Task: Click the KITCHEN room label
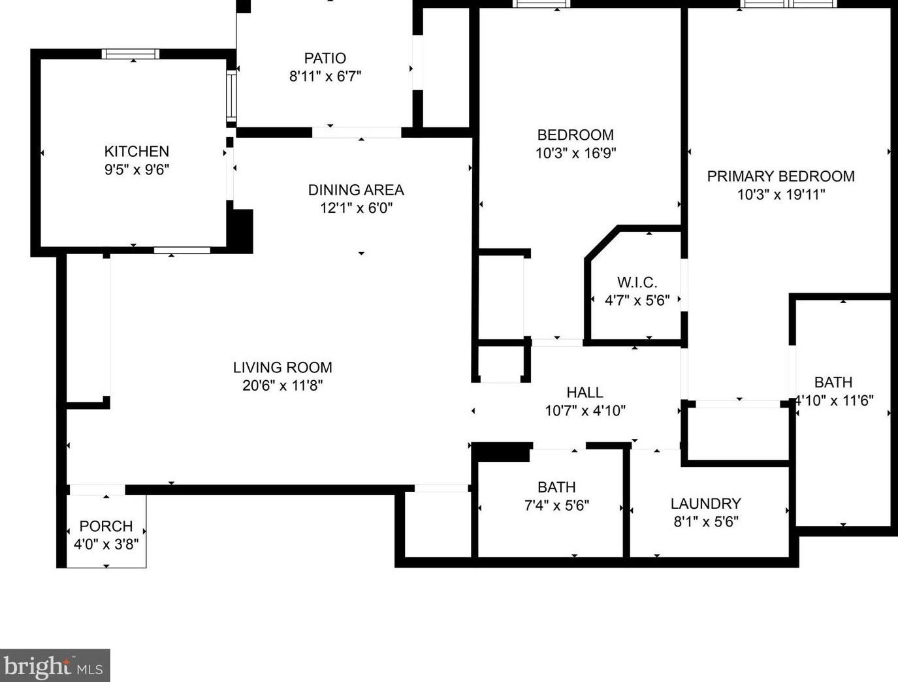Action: (136, 152)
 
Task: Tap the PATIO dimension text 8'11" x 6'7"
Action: (325, 76)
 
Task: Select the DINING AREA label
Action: (356, 190)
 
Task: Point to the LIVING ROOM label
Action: (283, 368)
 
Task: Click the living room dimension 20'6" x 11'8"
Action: (283, 386)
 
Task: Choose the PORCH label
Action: (106, 527)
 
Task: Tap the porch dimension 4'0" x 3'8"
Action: (106, 544)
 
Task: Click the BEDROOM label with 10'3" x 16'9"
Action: (575, 135)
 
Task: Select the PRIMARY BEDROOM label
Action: (780, 176)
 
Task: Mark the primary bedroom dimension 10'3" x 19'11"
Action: (780, 195)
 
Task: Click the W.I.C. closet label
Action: (637, 283)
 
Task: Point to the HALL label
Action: (585, 393)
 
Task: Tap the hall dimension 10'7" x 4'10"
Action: (585, 411)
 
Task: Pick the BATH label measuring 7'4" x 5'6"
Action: (556, 487)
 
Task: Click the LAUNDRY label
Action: (705, 504)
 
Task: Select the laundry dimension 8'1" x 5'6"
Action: (705, 522)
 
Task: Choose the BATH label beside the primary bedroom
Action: (833, 383)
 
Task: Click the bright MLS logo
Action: (55, 666)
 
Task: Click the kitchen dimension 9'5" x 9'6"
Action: (136, 170)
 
